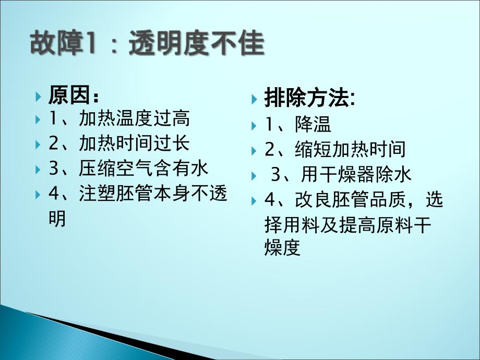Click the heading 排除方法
306,98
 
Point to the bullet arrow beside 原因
38,97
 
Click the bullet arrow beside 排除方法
254,99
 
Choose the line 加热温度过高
135,118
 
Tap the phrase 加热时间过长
135,143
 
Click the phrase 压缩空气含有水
143,168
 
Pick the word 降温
313,124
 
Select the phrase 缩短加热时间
350,149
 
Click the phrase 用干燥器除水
356,174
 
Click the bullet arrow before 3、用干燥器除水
254,176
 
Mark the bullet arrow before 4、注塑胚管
38,195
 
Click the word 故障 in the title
56,43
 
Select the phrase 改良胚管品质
350,199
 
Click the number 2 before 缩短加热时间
270,150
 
